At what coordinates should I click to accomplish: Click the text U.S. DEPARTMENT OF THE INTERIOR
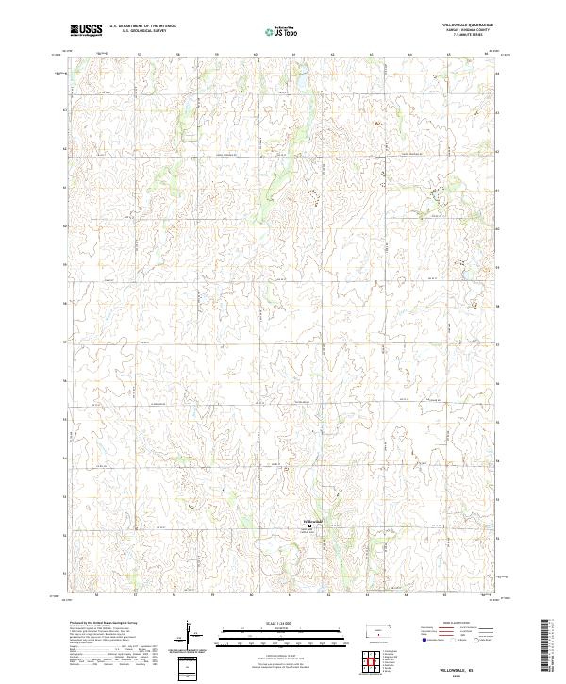(142, 26)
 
